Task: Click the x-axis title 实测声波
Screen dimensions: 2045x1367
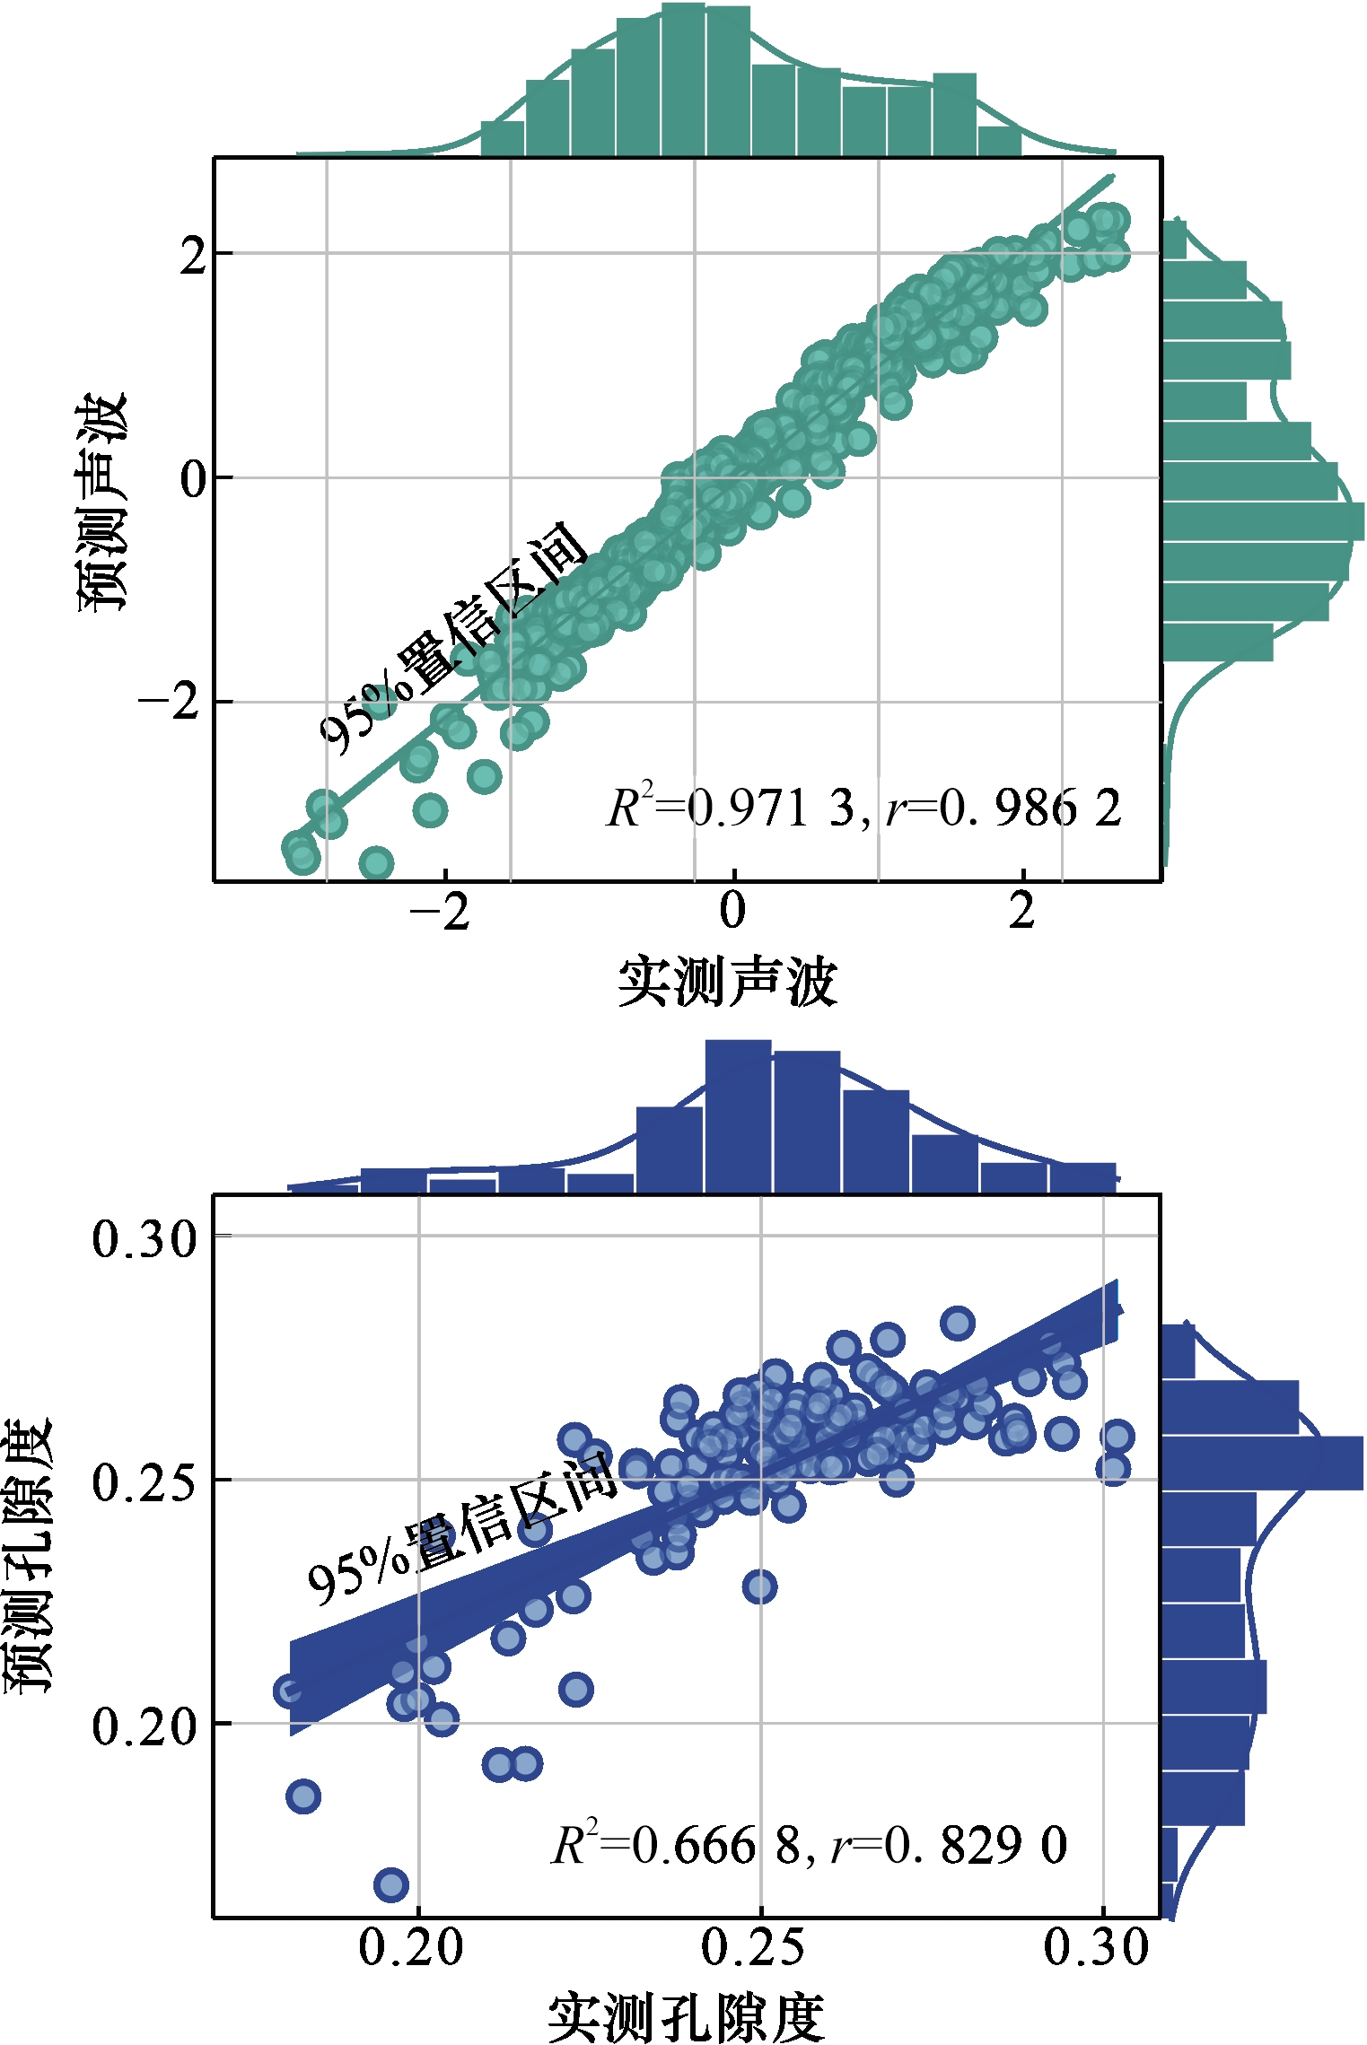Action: tap(727, 982)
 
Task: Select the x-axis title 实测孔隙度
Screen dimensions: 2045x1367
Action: tap(686, 2016)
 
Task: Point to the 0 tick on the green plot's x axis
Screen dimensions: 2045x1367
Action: tap(732, 910)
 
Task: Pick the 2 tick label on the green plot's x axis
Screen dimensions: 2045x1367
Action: tap(1021, 910)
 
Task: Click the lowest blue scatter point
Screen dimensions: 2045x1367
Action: tap(391, 1884)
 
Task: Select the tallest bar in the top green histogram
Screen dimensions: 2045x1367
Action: tap(682, 81)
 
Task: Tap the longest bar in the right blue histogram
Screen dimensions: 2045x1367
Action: tap(1261, 1463)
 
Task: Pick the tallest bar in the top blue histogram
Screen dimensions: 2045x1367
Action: tap(738, 1117)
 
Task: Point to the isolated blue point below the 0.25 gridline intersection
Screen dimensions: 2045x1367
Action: tap(759, 1586)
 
